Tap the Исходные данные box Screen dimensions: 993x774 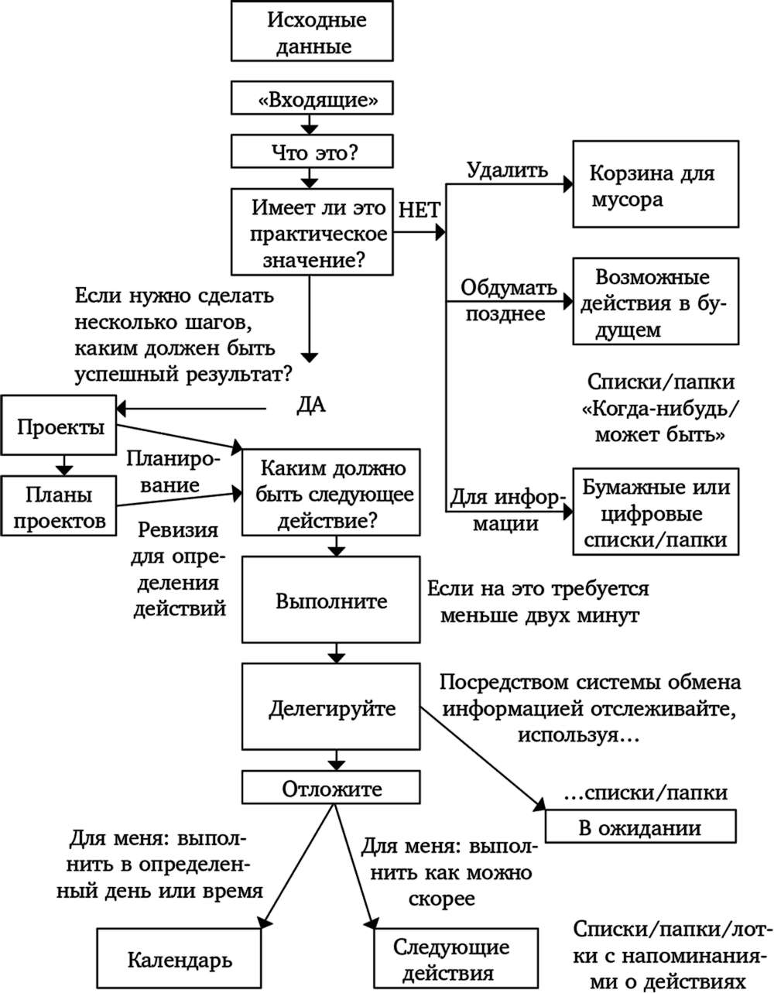point(310,32)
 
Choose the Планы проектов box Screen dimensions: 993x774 point(59,506)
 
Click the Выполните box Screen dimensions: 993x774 point(332,601)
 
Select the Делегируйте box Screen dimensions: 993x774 point(332,707)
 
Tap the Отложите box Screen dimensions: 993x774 point(332,788)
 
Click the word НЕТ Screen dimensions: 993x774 point(419,211)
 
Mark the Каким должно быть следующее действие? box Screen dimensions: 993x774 point(332,492)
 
